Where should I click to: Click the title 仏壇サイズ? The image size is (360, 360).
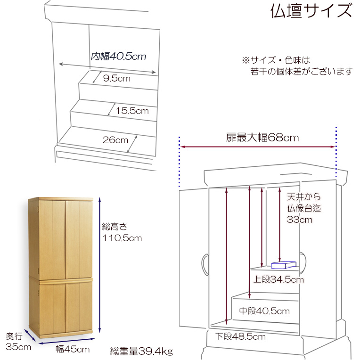tap(311, 11)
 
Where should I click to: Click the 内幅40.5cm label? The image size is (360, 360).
tap(118, 57)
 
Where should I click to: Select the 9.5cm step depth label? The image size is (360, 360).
tap(116, 79)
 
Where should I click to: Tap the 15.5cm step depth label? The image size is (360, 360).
tap(132, 111)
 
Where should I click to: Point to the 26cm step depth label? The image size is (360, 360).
tap(115, 140)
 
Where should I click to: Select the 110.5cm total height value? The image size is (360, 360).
tap(122, 238)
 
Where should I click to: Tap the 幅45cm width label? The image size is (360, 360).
tap(72, 349)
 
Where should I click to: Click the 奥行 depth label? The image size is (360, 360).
tap(14, 337)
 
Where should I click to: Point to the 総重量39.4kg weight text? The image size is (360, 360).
tap(142, 351)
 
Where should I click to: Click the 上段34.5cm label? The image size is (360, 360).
tap(278, 280)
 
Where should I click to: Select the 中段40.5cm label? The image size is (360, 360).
tap(264, 311)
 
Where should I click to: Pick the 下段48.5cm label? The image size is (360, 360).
tap(241, 336)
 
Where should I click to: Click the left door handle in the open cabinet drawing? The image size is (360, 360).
tap(204, 263)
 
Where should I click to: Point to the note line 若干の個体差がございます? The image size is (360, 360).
tap(301, 72)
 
